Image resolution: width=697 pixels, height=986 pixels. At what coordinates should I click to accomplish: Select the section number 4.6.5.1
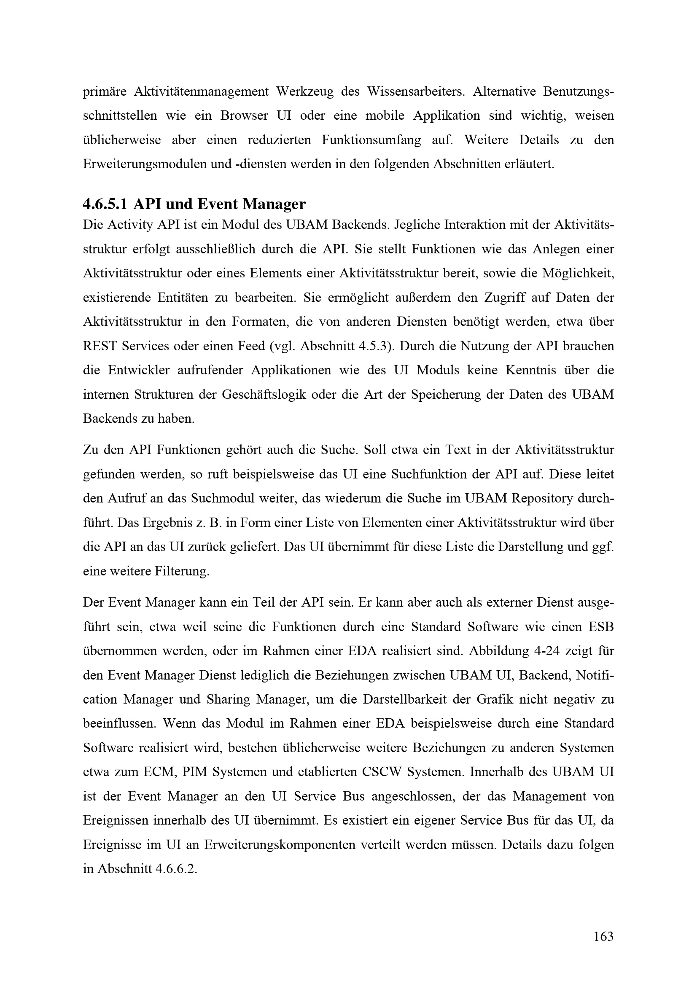pyautogui.click(x=105, y=204)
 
